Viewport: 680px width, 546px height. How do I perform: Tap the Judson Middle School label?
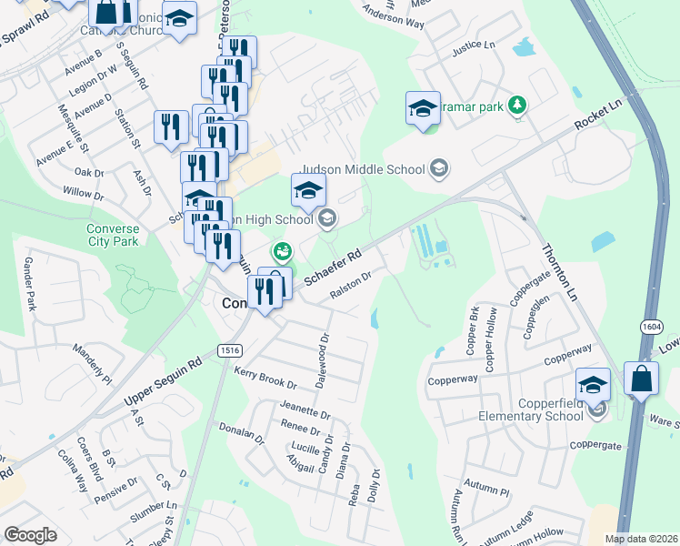(362, 168)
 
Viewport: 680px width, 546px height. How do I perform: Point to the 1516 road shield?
(228, 350)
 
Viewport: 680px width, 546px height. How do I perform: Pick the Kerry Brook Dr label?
(265, 378)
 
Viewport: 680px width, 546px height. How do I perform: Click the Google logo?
(30, 535)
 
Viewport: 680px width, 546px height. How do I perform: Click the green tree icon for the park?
(518, 106)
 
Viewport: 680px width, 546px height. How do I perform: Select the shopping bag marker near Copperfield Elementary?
(642, 380)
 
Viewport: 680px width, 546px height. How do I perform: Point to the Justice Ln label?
(474, 45)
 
